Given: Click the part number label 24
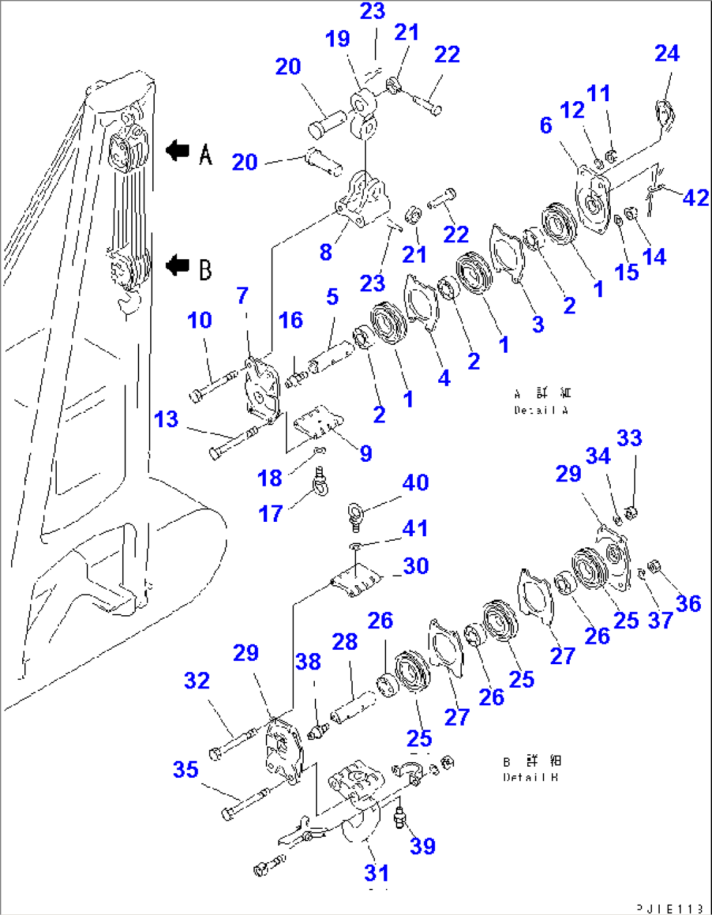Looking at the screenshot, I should pyautogui.click(x=667, y=54).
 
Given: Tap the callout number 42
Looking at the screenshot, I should pyautogui.click(x=695, y=197).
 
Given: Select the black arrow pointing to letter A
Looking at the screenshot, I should pyautogui.click(x=177, y=151).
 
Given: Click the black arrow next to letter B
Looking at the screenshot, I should pyautogui.click(x=177, y=266).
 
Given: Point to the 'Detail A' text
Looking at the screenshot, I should pyautogui.click(x=542, y=410).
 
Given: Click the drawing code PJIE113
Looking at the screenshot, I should pyautogui.click(x=670, y=908).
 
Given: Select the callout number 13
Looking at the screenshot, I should pyautogui.click(x=166, y=419).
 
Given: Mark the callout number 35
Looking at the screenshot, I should pyautogui.click(x=186, y=769).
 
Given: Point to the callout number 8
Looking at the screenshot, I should pyautogui.click(x=325, y=252).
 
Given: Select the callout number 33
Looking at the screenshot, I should pyautogui.click(x=629, y=438).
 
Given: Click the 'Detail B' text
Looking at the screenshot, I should pyautogui.click(x=532, y=777).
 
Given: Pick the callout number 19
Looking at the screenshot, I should pyautogui.click(x=338, y=39).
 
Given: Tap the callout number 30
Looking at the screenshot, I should pyautogui.click(x=415, y=566).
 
